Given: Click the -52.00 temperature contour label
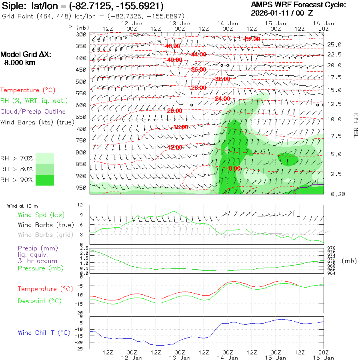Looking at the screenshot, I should coord(252,39).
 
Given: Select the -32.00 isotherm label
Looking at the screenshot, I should coord(222,79).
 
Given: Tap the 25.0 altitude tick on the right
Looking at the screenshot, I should coord(334,44).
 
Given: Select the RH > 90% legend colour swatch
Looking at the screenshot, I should coord(45,180).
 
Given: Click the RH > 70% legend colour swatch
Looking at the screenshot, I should coord(45,158).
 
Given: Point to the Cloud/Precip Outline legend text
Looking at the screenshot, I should coord(33,112).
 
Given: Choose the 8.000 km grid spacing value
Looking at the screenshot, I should coord(19,63).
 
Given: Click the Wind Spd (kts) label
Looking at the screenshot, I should coord(41,215).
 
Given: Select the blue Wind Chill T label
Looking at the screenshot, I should coord(44,333).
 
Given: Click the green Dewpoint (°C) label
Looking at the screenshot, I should coord(40,301).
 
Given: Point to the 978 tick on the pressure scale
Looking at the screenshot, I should coord(332,248).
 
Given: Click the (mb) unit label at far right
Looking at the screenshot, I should coord(349,261).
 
